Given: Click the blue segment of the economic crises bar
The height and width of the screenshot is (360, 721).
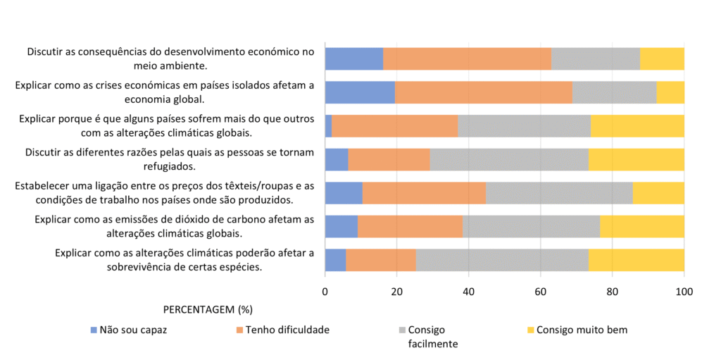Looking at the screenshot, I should click(x=360, y=92).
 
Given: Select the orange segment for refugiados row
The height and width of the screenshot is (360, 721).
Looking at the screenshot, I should click(x=389, y=159).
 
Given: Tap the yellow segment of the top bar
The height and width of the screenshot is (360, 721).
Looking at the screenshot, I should click(x=662, y=58).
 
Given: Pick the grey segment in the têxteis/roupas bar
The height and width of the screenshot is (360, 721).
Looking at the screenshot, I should click(x=559, y=192).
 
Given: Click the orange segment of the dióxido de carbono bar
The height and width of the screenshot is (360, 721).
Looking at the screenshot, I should click(x=410, y=226).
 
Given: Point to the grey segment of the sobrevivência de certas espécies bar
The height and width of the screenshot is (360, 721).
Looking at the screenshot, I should click(x=502, y=259).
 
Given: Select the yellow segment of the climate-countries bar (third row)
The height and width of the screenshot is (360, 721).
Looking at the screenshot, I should click(x=637, y=125).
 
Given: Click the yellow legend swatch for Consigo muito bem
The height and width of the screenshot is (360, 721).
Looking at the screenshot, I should click(x=531, y=330).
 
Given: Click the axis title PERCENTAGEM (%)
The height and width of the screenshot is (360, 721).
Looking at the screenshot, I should click(x=208, y=310).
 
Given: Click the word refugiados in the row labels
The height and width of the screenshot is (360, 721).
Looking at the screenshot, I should click(x=170, y=166).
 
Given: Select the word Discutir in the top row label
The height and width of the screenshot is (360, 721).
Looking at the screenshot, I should click(x=46, y=51).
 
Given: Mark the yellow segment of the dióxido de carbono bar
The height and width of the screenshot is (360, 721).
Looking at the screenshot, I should click(x=641, y=226).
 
